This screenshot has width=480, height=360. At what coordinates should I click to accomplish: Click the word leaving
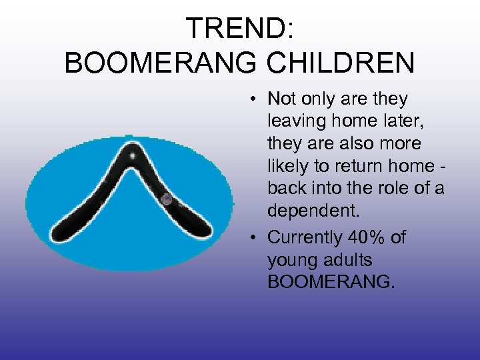click(x=296, y=122)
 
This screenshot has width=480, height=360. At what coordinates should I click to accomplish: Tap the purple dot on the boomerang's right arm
click(x=167, y=199)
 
